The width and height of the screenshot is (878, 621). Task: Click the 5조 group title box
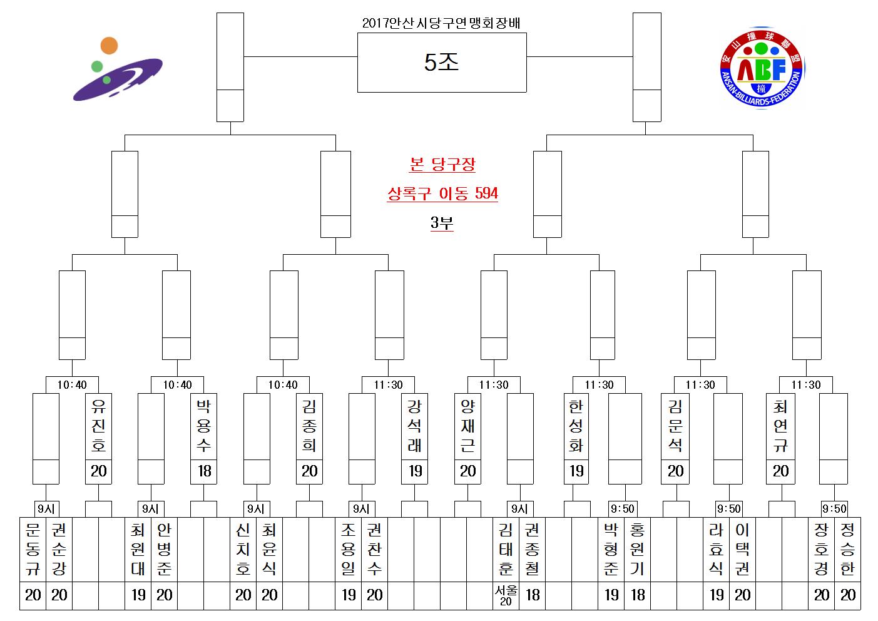click(442, 63)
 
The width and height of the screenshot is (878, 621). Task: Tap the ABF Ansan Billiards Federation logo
click(762, 68)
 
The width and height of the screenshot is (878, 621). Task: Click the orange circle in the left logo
click(109, 46)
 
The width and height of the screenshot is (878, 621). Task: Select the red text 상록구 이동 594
click(442, 193)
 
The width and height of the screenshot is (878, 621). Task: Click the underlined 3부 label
click(442, 223)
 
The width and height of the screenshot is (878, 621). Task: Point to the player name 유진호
click(98, 426)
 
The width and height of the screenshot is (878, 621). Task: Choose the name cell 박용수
click(203, 426)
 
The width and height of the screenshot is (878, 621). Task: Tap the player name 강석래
click(414, 426)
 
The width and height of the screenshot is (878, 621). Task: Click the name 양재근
click(467, 426)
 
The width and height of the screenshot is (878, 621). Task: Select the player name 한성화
click(576, 426)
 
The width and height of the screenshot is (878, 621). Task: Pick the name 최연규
click(780, 426)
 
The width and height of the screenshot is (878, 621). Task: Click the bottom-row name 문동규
click(33, 549)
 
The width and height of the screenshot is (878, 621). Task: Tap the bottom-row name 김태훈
click(506, 549)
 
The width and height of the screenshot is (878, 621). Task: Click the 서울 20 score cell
click(506, 595)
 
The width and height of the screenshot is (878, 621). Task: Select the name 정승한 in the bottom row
click(847, 549)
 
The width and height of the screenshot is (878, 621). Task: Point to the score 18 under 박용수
click(204, 471)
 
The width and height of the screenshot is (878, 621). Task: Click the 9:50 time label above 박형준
click(622, 509)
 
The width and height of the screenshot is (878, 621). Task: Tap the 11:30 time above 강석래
click(388, 385)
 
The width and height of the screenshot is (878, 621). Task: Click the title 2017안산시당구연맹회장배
click(441, 23)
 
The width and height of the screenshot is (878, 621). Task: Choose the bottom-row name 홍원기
click(637, 549)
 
